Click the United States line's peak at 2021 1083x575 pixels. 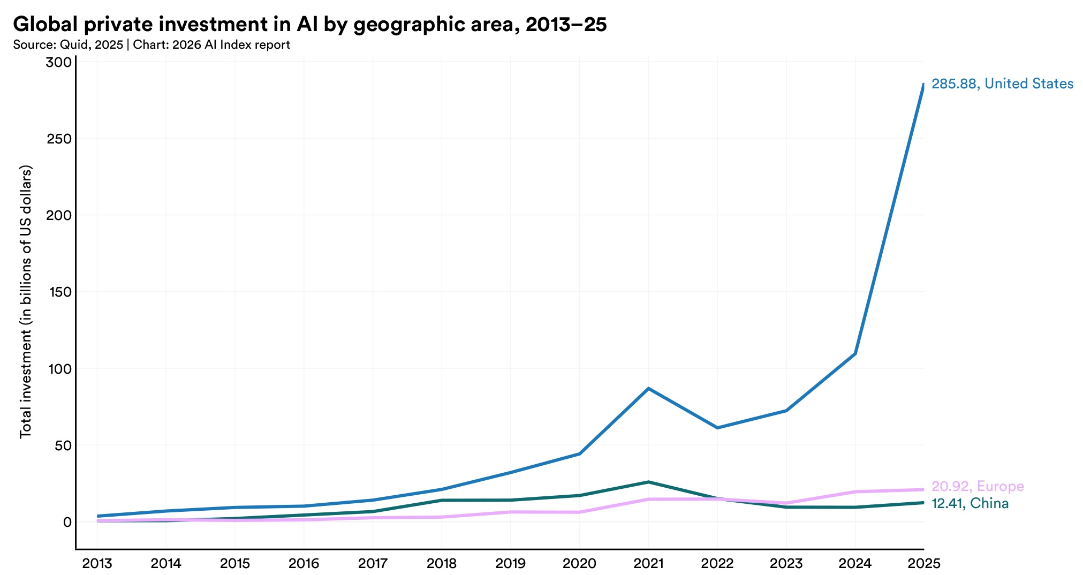pos(648,388)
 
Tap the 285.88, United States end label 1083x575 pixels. pos(1002,84)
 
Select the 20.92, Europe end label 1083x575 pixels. pos(978,486)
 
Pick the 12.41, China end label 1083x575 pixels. pos(970,503)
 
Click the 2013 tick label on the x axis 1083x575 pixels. pos(97,563)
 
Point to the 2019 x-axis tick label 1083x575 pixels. pos(511,563)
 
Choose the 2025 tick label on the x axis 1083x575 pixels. pos(924,563)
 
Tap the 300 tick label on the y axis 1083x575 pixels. pos(58,63)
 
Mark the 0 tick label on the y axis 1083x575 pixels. pos(67,522)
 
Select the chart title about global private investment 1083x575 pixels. pos(309,24)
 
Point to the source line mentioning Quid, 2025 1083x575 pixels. pos(152,45)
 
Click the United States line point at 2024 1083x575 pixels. pos(855,353)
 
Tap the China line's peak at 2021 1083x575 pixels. pos(648,482)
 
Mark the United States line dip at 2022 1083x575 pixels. pos(717,428)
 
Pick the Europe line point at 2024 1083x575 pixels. pos(855,491)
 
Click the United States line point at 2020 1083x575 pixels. pos(580,454)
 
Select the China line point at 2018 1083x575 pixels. pos(442,500)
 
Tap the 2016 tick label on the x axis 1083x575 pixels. pos(304,563)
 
